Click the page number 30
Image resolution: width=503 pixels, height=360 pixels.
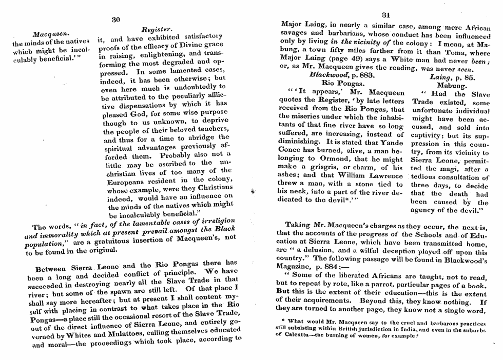pos(115,19)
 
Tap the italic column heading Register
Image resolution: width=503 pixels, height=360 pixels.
pos(156,30)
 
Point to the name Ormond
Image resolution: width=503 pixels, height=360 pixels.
pos(331,160)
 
